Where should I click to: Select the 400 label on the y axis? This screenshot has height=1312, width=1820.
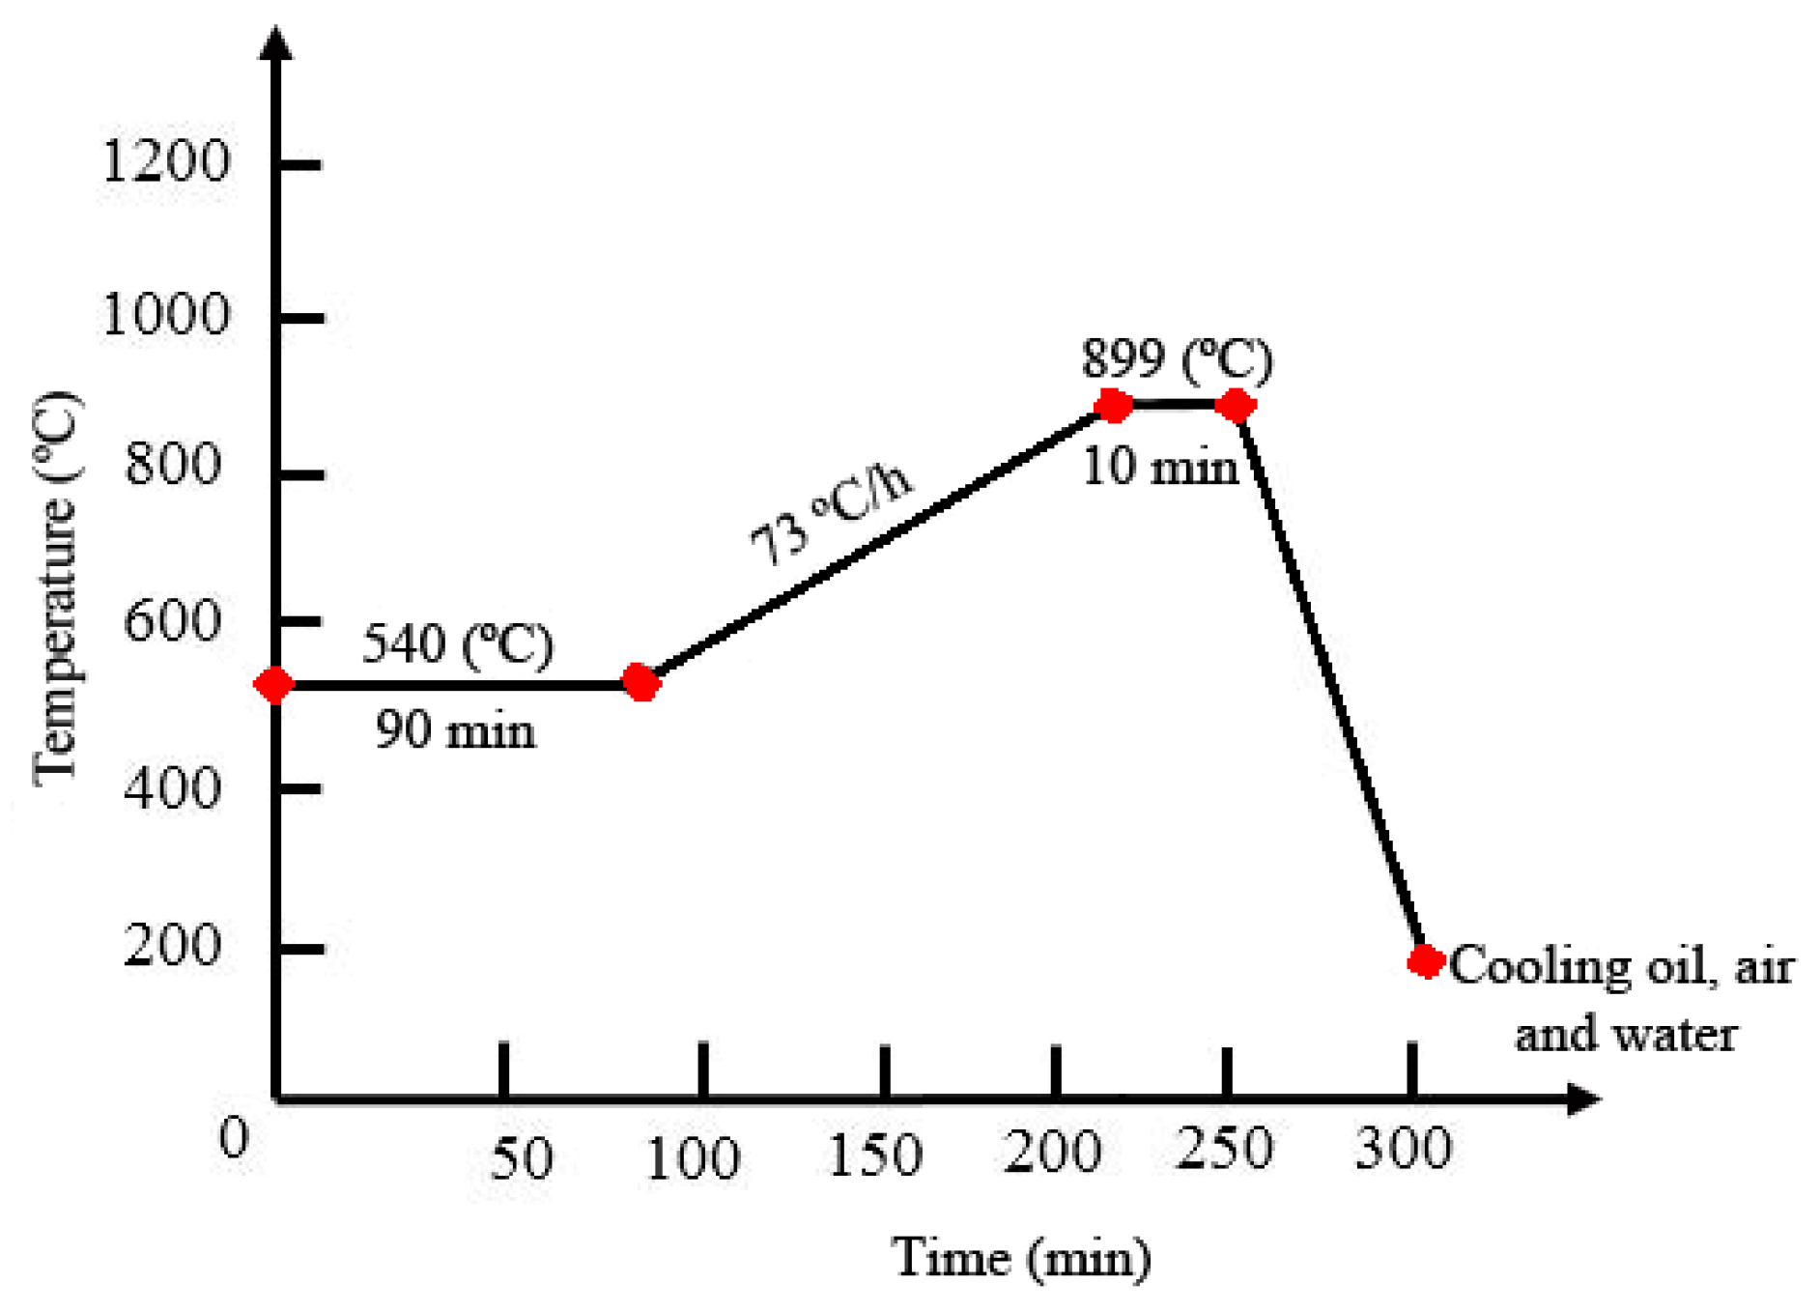tap(172, 788)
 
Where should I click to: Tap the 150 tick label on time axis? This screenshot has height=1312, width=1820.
tap(875, 1155)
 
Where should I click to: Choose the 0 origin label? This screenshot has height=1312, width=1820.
tap(235, 1138)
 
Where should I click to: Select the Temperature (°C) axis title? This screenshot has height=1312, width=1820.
tap(56, 588)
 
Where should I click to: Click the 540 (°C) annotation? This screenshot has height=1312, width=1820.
tap(458, 644)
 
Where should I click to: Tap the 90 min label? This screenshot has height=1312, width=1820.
tap(455, 729)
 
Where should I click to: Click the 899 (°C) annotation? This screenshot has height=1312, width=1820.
tap(1177, 359)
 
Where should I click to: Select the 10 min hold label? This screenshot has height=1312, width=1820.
tap(1159, 468)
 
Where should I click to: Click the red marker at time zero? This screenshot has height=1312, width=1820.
tap(274, 684)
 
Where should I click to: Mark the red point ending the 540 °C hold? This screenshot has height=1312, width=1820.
tap(640, 682)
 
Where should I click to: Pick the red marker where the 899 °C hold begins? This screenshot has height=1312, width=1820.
tap(1113, 406)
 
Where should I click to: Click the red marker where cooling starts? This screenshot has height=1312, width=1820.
tap(1235, 406)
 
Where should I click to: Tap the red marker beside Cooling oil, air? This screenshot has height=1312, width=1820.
tap(1425, 960)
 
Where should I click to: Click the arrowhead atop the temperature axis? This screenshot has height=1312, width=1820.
tap(276, 43)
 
